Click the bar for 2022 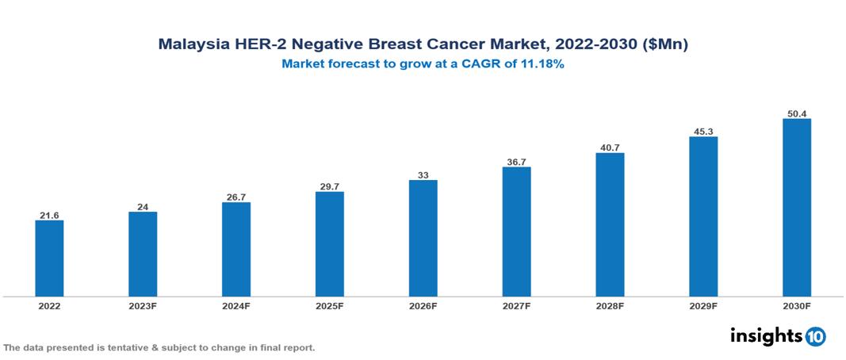tap(49, 258)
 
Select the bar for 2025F tap(329, 243)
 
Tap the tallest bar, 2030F tap(797, 208)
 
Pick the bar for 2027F tap(516, 232)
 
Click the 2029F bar tap(703, 216)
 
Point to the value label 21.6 tap(49, 215)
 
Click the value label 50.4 tap(797, 113)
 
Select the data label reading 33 tap(423, 174)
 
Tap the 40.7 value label tap(610, 147)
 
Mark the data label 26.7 tap(236, 197)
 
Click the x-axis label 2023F tap(143, 305)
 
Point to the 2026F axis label tap(423, 305)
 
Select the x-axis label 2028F tap(610, 305)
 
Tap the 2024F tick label tap(236, 305)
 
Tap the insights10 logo tap(778, 336)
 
